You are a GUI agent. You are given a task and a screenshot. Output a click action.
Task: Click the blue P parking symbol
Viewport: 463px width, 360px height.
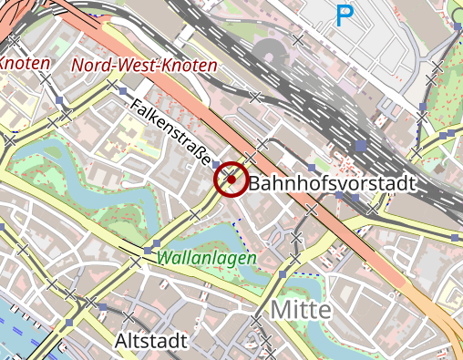[345, 15]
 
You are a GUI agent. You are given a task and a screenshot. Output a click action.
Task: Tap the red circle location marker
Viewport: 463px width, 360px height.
[231, 180]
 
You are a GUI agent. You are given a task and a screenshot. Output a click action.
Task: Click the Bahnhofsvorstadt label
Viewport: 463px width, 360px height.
[332, 183]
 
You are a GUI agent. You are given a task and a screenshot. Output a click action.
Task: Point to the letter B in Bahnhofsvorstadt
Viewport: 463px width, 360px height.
[255, 183]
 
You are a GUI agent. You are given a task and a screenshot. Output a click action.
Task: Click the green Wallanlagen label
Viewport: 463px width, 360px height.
[206, 258]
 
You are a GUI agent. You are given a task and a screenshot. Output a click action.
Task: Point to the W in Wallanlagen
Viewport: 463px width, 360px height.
[164, 258]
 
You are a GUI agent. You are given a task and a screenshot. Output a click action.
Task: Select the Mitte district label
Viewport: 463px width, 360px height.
[300, 309]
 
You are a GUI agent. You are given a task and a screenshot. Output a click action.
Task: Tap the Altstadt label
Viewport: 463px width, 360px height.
[152, 341]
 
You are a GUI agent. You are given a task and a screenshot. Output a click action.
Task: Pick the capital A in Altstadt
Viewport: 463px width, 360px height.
[124, 341]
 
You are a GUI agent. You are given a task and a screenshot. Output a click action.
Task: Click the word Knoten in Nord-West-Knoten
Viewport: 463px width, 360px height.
[188, 66]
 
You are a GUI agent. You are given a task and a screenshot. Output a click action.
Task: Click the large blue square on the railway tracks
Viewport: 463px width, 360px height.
[361, 145]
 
